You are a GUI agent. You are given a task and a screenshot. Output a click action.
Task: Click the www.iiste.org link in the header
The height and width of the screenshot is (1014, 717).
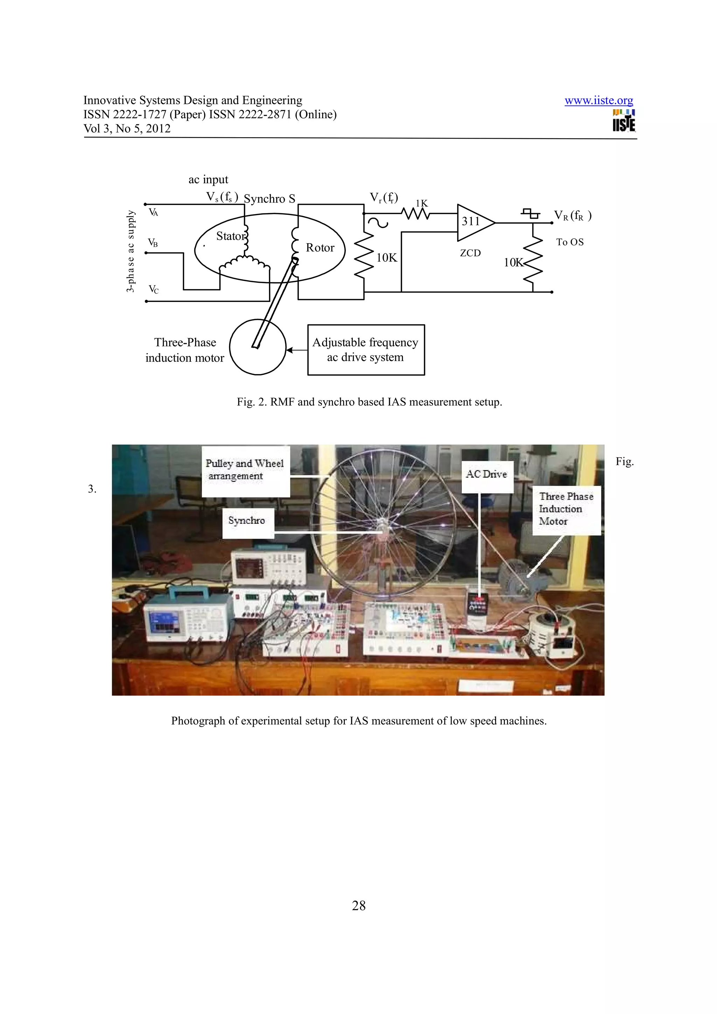[599, 101]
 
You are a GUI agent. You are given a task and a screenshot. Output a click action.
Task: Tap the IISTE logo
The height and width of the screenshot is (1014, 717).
[624, 121]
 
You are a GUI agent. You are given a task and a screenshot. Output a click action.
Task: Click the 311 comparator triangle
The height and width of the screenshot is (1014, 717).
[474, 222]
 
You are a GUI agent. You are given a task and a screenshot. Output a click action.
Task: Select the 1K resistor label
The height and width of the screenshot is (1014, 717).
[422, 204]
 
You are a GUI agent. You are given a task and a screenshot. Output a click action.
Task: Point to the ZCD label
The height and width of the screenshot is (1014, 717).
[470, 253]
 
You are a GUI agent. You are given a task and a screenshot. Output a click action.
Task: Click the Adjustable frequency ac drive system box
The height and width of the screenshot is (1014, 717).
[366, 350]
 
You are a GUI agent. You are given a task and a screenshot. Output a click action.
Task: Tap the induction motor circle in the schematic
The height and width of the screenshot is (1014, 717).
[258, 347]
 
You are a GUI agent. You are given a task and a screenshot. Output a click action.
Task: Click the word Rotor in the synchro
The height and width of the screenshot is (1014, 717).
[320, 248]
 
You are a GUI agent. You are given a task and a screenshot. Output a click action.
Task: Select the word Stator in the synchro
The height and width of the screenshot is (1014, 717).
[230, 236]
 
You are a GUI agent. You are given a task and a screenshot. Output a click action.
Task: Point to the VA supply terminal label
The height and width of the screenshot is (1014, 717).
[153, 213]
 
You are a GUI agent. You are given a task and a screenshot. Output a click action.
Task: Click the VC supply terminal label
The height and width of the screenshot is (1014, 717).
[153, 290]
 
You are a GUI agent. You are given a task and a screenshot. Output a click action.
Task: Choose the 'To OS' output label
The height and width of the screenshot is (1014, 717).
[570, 242]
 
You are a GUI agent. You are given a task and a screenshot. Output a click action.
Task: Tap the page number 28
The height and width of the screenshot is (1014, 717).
[358, 906]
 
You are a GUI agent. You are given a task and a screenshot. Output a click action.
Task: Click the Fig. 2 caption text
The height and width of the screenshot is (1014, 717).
[369, 402]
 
